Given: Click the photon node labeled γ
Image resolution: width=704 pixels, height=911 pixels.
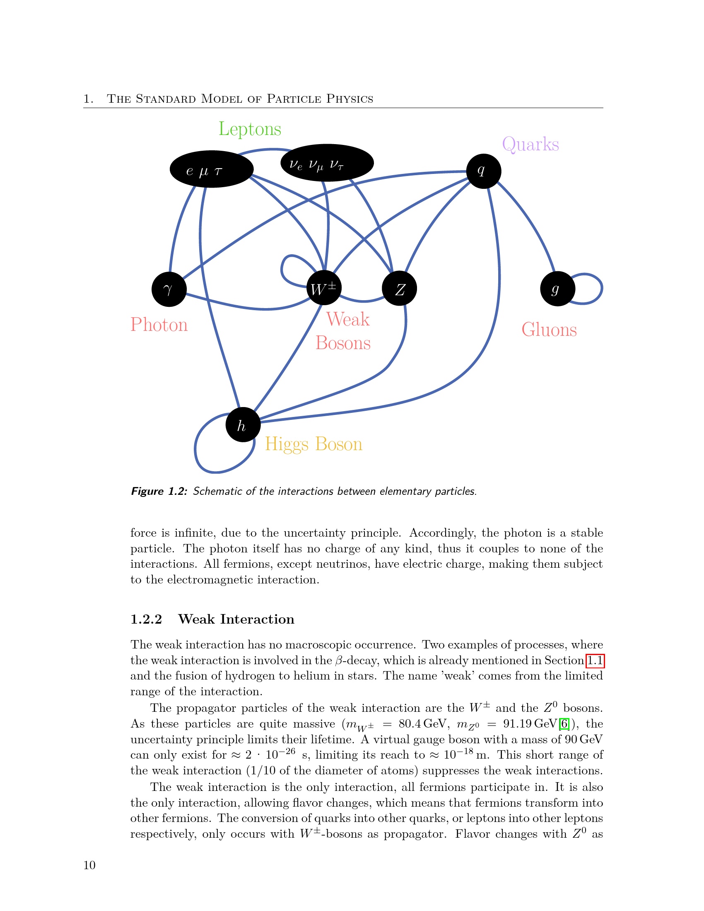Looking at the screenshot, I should coord(169,289).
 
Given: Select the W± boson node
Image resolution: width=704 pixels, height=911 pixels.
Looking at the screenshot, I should coord(324,288).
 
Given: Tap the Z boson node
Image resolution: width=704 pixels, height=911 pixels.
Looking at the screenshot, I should coord(400,288).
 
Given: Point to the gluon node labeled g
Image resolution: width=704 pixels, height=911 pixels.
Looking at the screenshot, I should coord(557,289).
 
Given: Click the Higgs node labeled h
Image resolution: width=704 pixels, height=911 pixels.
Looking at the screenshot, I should coord(243,424).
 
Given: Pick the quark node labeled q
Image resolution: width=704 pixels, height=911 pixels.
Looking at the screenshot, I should coord(483,171).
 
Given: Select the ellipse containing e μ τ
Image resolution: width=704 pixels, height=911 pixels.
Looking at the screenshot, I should coord(212,169).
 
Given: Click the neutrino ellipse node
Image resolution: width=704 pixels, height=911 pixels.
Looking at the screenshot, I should coord(327,163).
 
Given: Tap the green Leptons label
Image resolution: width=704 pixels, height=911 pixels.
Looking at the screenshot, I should coord(250,129).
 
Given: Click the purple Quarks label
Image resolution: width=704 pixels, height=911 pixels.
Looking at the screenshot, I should coord(530,145).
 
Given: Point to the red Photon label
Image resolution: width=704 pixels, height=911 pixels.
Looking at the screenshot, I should coord(159,325).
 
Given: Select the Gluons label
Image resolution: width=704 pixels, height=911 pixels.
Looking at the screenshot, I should coord(549,330).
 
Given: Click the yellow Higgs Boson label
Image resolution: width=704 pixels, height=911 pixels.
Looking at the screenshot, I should coord(313,444).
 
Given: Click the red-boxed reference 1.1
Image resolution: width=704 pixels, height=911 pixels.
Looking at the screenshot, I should coord(595,661).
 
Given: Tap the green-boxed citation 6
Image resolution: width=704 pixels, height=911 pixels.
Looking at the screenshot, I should coord(564,724).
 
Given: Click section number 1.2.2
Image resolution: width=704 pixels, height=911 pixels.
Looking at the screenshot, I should coord(146,619).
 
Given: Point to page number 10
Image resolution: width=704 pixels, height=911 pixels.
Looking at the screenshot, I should coord(90,865).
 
